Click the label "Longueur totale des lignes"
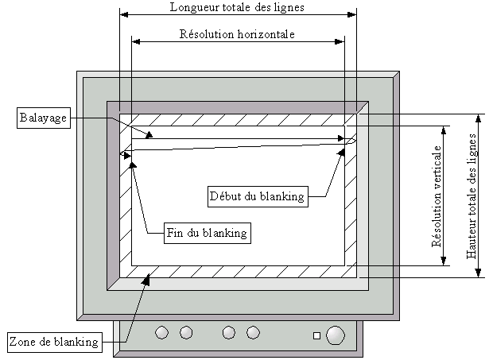click(x=237, y=7)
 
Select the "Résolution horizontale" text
click(x=237, y=35)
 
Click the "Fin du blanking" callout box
click(x=207, y=234)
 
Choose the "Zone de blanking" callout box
click(x=54, y=343)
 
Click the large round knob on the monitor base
click(x=336, y=334)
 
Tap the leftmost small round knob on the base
click(x=162, y=332)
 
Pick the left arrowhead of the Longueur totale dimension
click(x=122, y=13)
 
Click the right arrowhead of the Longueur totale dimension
click(x=353, y=13)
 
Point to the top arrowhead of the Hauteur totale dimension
click(x=478, y=117)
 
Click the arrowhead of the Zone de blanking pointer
click(x=148, y=274)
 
